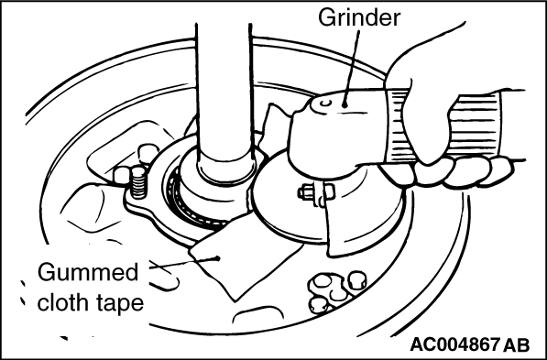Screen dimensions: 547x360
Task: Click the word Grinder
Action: click(x=359, y=17)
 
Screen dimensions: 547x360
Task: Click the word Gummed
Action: click(x=88, y=272)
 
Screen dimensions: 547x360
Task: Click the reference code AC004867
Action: click(x=454, y=345)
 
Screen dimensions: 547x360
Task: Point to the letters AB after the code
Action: click(x=517, y=345)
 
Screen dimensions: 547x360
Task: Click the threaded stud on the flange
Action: click(x=139, y=182)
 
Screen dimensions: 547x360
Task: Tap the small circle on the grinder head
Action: click(x=326, y=104)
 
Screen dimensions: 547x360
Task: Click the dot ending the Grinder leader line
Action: click(x=345, y=104)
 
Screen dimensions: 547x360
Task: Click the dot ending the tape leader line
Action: click(x=218, y=258)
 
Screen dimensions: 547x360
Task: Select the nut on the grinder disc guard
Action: click(x=307, y=193)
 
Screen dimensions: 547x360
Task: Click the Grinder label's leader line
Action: click(x=352, y=67)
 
